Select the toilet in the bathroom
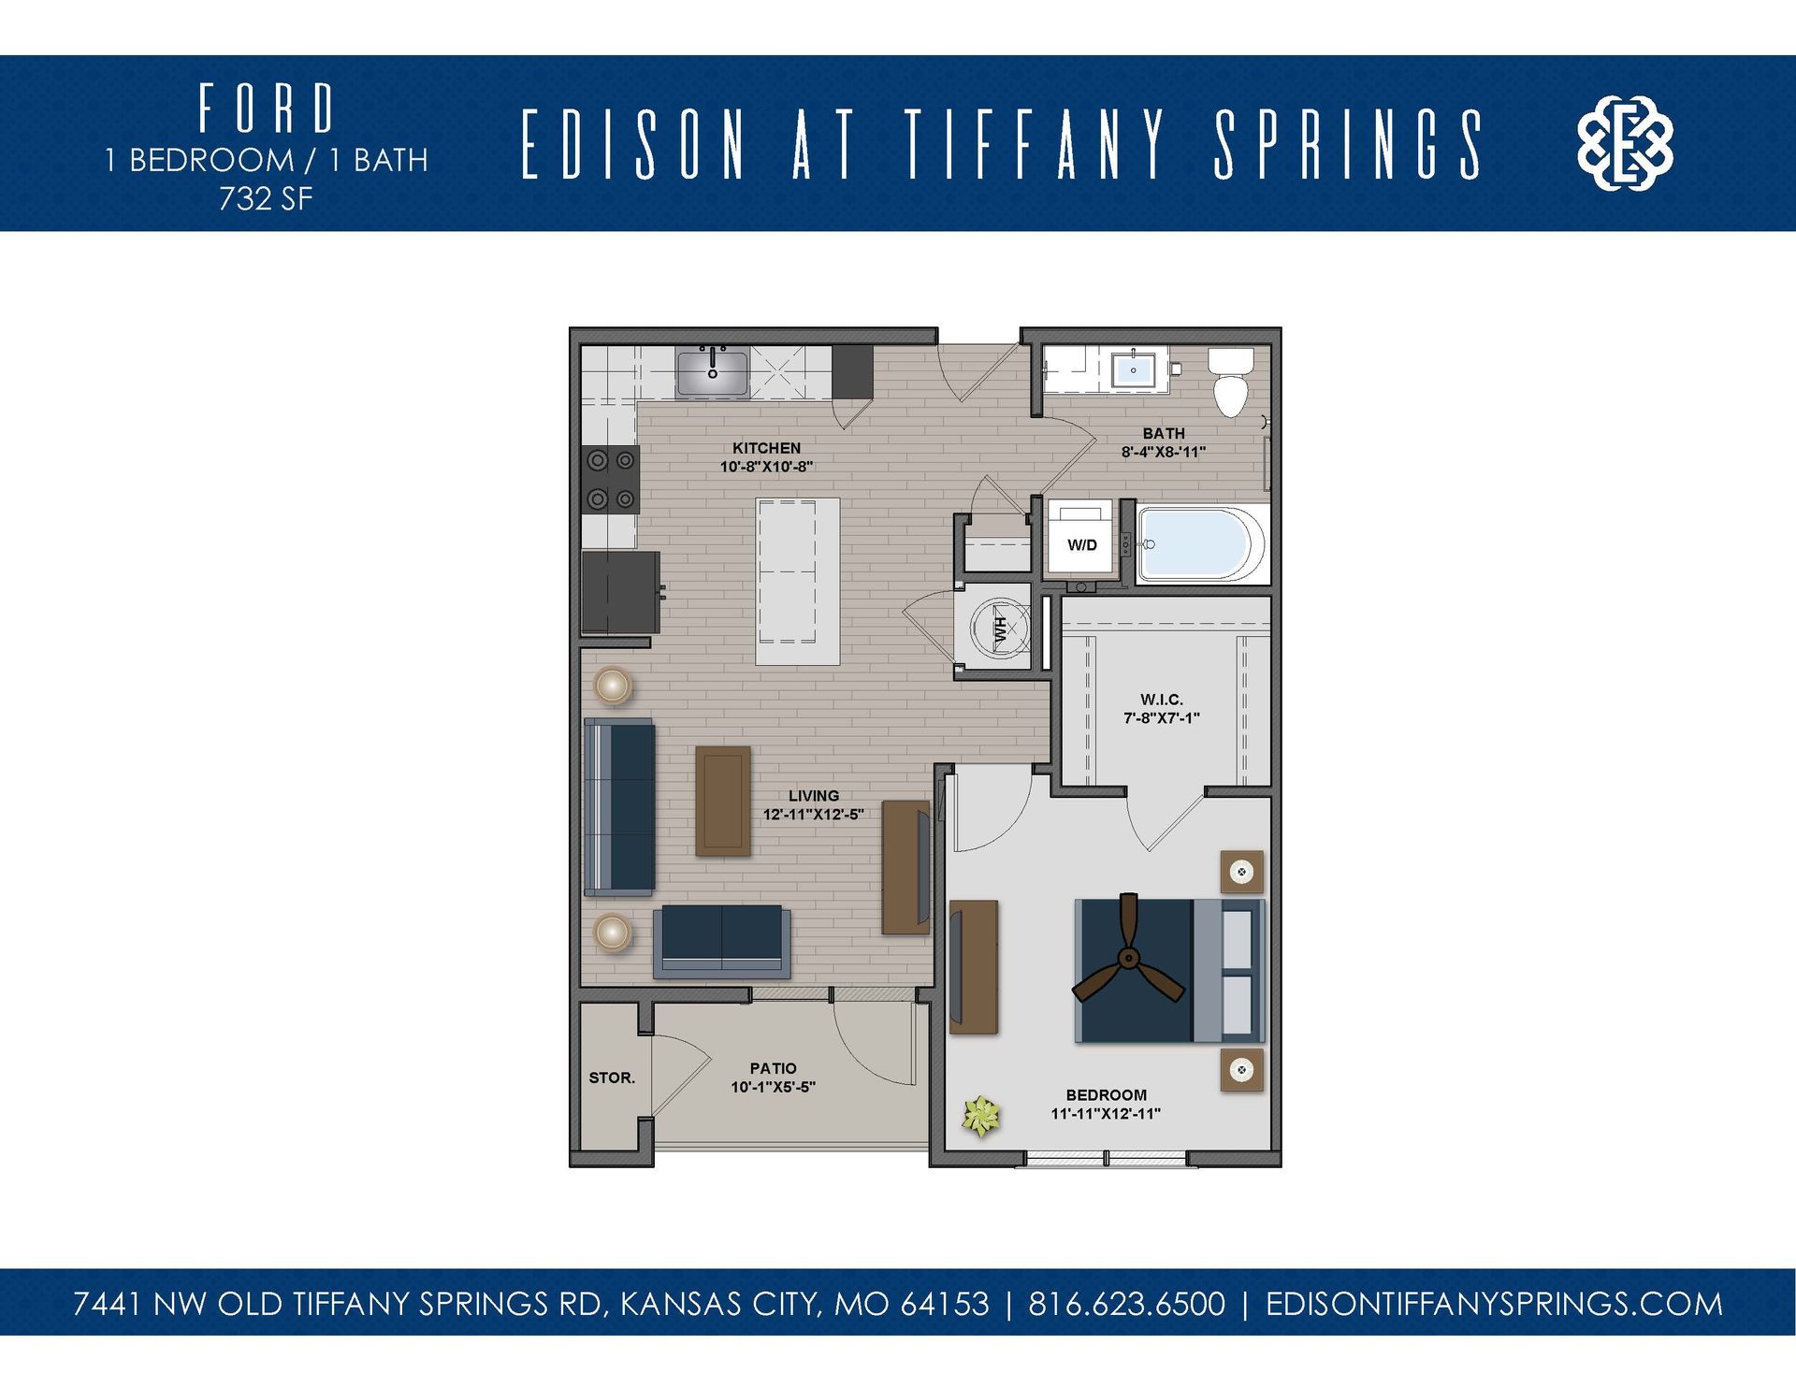1230,383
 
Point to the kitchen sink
713,373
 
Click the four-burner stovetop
611,479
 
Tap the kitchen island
797,582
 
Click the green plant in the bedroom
982,1116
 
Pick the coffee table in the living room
723,801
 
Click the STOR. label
612,1077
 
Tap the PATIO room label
773,1068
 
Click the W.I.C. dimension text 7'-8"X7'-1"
1162,718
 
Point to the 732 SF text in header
266,199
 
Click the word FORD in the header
266,108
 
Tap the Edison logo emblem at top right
1625,143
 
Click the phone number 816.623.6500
1126,1304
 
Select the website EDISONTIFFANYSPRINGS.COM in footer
1493,1304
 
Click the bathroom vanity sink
1133,370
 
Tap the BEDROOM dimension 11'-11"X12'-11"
1106,1114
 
